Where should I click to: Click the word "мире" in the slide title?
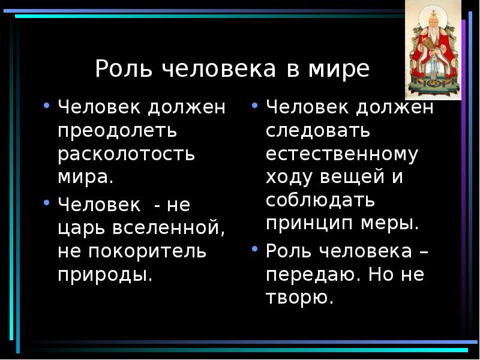(347, 70)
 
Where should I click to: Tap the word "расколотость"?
(127, 153)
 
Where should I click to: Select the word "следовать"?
(318, 131)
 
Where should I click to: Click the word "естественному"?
(341, 154)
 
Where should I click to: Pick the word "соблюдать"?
(320, 200)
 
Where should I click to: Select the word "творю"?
(299, 298)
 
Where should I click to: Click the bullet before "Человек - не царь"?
(47, 202)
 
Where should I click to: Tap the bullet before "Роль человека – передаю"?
(256, 248)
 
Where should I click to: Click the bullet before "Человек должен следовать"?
(256, 105)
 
